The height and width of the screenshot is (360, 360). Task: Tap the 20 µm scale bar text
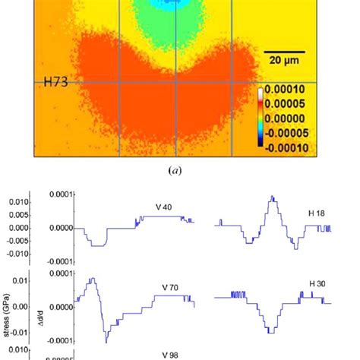[282, 58]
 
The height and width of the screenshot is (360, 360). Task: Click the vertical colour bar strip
[263, 121]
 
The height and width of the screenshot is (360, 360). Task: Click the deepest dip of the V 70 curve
[107, 341]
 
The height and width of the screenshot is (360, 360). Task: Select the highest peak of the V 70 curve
[91, 279]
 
